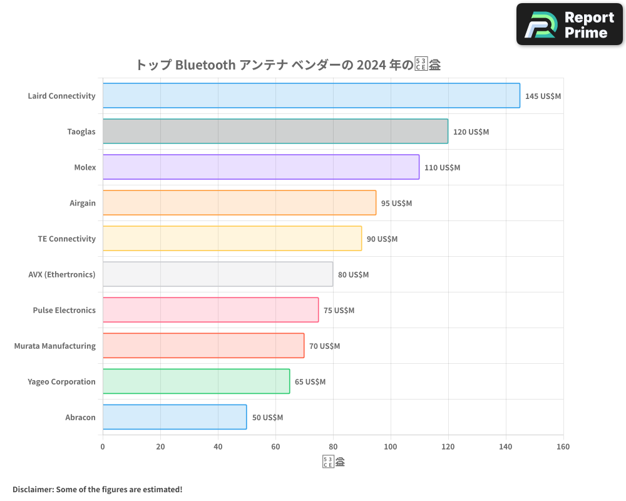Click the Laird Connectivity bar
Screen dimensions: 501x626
tap(311, 96)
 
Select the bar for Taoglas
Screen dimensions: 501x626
tap(275, 132)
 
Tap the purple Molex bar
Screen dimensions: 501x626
tap(261, 167)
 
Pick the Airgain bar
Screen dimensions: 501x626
tap(239, 203)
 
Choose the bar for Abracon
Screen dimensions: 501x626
tap(175, 417)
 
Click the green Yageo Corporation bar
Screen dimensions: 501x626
tap(196, 381)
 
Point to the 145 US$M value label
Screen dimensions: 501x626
tap(543, 96)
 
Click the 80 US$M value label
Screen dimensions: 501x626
tap(353, 275)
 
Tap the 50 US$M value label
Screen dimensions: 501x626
tap(267, 418)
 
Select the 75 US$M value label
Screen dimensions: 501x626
tap(339, 311)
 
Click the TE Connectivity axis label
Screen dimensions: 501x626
tap(66, 239)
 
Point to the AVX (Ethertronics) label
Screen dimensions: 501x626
tap(62, 274)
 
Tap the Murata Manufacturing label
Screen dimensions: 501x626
tap(55, 346)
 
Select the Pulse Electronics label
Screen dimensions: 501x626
tap(64, 310)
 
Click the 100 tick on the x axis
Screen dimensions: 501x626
tap(391, 447)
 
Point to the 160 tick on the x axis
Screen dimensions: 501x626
tap(563, 447)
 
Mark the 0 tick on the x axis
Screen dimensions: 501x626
tap(103, 447)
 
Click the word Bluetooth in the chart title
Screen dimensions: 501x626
tap(205, 65)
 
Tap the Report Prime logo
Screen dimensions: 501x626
tap(570, 24)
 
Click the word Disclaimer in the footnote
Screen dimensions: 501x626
tap(33, 489)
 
